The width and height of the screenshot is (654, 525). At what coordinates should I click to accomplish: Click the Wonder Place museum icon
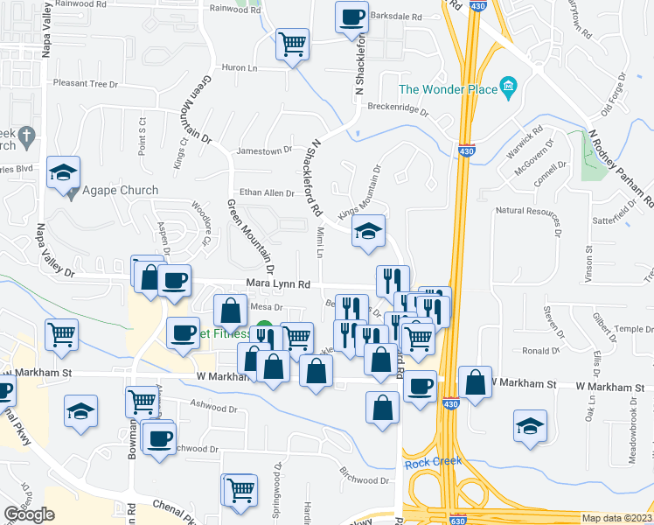(508, 87)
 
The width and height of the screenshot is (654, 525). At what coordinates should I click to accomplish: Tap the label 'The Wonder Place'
(447, 89)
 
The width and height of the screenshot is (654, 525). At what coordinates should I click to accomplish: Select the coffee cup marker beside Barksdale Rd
(351, 17)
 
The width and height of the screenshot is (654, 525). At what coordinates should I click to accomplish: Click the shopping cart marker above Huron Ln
(292, 44)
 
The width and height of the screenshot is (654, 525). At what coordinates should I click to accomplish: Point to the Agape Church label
(121, 191)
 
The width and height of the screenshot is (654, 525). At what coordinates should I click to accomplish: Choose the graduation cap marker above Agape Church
(64, 172)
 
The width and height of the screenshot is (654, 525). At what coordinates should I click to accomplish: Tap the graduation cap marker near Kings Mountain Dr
(368, 232)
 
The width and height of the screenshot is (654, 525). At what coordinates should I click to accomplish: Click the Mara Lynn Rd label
(279, 284)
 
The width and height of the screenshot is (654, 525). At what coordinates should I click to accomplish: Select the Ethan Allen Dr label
(268, 192)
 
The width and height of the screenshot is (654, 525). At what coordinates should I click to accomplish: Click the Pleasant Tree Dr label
(86, 84)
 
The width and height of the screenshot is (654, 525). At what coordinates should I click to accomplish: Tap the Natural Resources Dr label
(526, 211)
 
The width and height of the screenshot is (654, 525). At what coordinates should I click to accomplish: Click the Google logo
(30, 514)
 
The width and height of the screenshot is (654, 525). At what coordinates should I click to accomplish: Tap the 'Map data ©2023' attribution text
(616, 518)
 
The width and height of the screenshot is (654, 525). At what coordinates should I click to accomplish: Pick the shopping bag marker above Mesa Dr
(231, 310)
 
